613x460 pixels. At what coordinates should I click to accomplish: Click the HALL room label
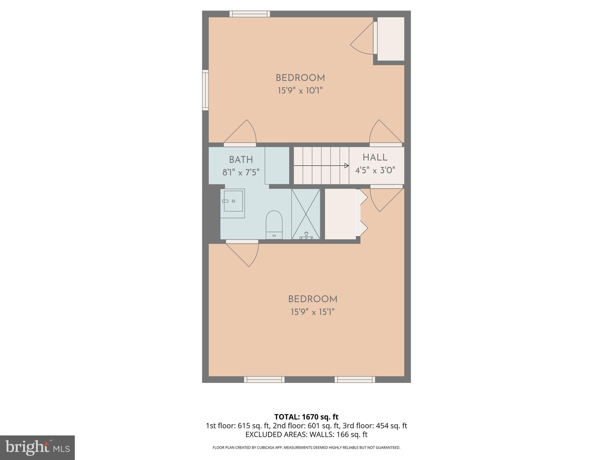pyautogui.click(x=375, y=158)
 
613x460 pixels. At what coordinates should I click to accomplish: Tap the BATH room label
pyautogui.click(x=241, y=160)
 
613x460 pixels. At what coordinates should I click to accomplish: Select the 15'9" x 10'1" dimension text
pyautogui.click(x=300, y=90)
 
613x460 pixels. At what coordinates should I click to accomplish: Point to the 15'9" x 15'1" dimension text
pyautogui.click(x=312, y=312)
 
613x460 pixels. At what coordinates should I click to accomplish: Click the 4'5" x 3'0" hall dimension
pyautogui.click(x=375, y=170)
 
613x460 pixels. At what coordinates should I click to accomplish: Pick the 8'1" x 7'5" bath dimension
pyautogui.click(x=241, y=172)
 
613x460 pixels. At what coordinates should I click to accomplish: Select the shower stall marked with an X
pyautogui.click(x=306, y=214)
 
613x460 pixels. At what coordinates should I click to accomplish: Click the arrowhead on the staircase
pyautogui.click(x=347, y=166)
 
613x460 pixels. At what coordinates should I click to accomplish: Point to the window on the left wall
pyautogui.click(x=205, y=90)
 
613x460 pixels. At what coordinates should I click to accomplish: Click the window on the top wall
pyautogui.click(x=250, y=14)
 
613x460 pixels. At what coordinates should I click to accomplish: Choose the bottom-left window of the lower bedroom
pyautogui.click(x=264, y=379)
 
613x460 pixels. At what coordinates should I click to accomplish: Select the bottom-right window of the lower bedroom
pyautogui.click(x=355, y=379)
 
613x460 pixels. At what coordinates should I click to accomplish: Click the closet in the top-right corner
pyautogui.click(x=391, y=39)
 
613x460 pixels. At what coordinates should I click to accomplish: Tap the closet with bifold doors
pyautogui.click(x=341, y=214)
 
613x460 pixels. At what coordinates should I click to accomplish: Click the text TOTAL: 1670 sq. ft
pyautogui.click(x=306, y=417)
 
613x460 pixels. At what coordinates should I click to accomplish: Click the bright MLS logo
pyautogui.click(x=37, y=448)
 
